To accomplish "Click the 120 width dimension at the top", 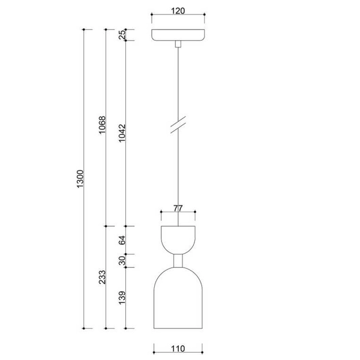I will pos(178,10).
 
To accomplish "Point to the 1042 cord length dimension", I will pos(122,133).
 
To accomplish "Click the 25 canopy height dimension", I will pos(122,35).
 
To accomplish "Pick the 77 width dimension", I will pos(178,208).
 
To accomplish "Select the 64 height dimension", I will pos(122,240).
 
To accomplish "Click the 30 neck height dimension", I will pos(122,260).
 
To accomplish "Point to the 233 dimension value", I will pos(102,277).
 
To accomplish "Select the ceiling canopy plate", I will pos(178,35).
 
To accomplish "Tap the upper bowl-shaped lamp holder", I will pos(178,237).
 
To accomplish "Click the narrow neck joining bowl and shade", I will pos(178,260).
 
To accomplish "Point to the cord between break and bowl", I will pos(178,174).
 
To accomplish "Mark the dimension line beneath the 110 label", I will pos(178,355).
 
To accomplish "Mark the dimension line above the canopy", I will pos(178,16).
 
